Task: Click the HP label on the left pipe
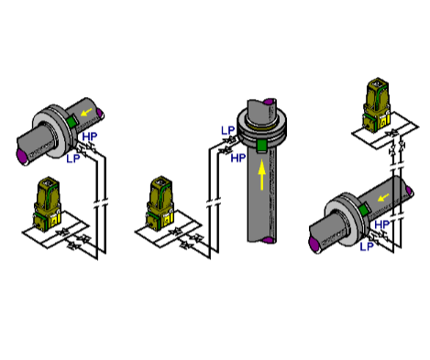tap(89, 137)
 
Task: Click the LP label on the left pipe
tap(72, 158)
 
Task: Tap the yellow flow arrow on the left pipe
tap(85, 114)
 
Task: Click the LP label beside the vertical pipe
tap(227, 130)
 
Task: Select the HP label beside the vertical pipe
tap(237, 158)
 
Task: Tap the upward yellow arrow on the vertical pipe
tap(261, 174)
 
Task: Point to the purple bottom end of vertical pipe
tap(266, 240)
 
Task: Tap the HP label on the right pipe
tap(382, 224)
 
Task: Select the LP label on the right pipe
tap(366, 245)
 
